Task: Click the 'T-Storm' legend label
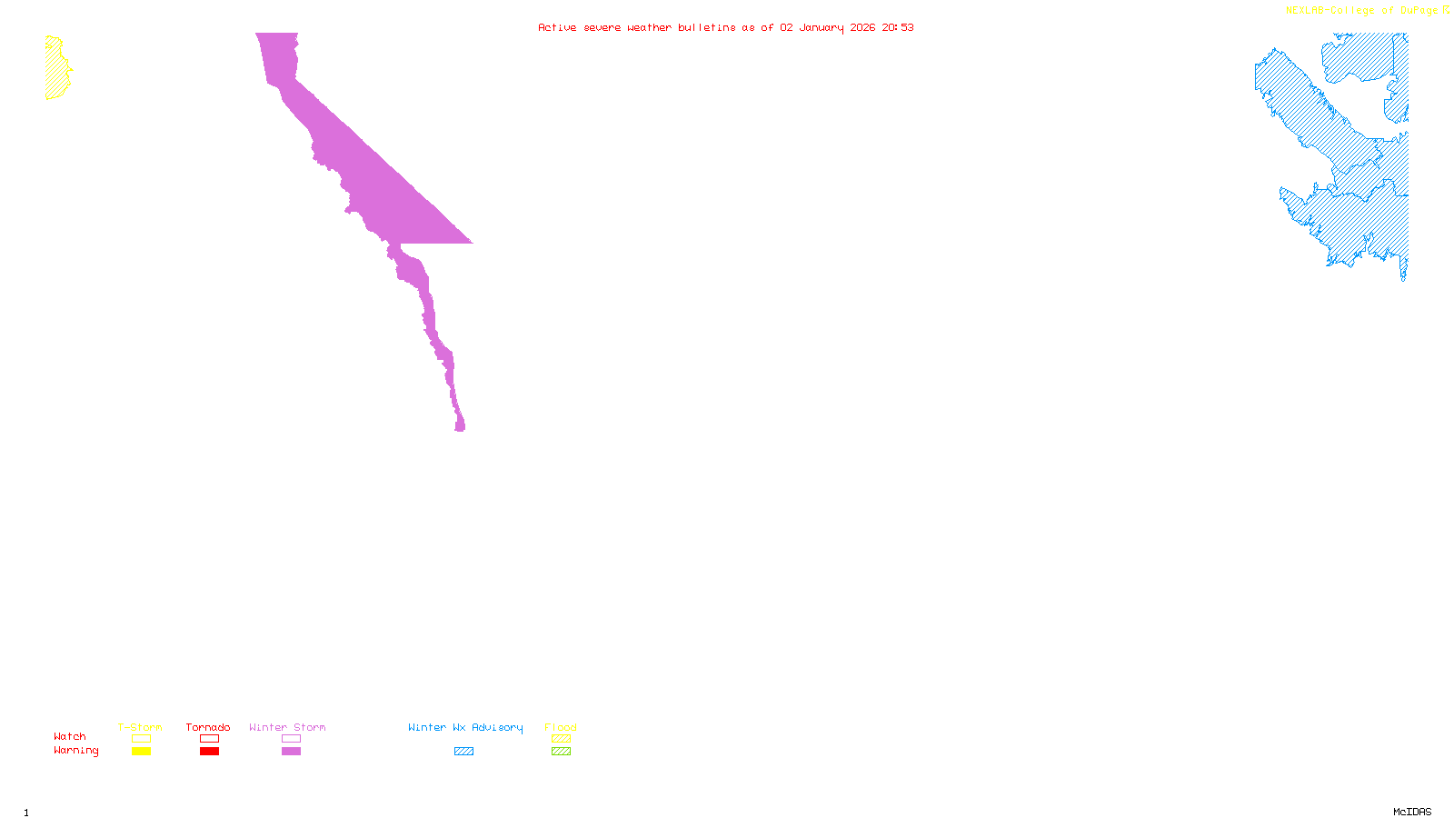(x=140, y=727)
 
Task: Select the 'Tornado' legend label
(x=208, y=727)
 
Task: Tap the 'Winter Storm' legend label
(x=287, y=727)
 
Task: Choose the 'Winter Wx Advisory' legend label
(x=465, y=727)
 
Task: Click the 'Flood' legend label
(x=561, y=727)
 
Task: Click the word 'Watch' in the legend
(x=70, y=736)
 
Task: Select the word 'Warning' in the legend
(x=75, y=751)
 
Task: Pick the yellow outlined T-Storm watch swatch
(x=141, y=739)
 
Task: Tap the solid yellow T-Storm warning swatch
(x=141, y=752)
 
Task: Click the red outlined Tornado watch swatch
(x=209, y=739)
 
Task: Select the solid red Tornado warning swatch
(x=209, y=752)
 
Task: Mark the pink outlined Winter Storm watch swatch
(x=291, y=739)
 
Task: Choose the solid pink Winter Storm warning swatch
(x=291, y=752)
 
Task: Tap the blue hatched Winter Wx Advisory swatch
(x=463, y=752)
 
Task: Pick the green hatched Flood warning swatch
(x=561, y=752)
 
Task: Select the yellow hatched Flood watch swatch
(x=561, y=739)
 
